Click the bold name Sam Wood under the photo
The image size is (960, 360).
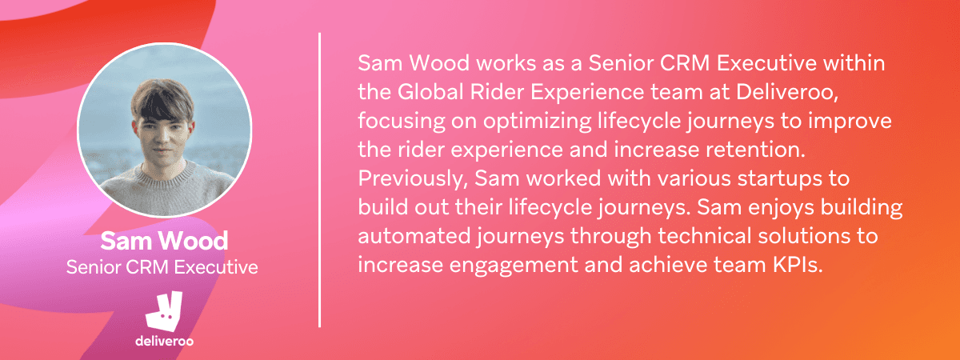click(x=164, y=241)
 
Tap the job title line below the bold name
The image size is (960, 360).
click(x=162, y=267)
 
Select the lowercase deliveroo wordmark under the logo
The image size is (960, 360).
click(x=164, y=341)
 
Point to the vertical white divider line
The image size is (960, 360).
click(x=320, y=180)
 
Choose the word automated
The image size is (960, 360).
click(x=414, y=236)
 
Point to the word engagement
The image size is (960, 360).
click(x=514, y=266)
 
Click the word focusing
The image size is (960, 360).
click(x=402, y=122)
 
